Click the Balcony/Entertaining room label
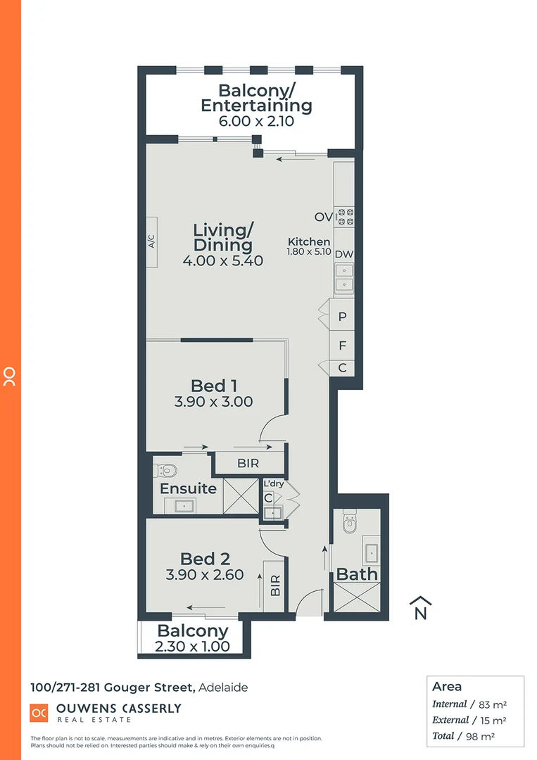tap(255, 98)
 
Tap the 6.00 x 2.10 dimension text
tap(255, 120)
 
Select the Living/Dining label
tap(222, 238)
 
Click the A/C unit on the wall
tap(151, 241)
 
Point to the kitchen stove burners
tap(344, 217)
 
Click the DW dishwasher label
tap(343, 254)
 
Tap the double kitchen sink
tap(343, 277)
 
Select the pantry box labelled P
tap(343, 317)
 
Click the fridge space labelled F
tap(343, 346)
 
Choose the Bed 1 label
tap(213, 386)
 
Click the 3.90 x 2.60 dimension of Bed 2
tap(204, 575)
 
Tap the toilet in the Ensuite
tap(166, 470)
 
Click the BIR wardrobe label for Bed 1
tap(248, 463)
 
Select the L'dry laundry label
tap(273, 484)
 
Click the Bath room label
tap(357, 574)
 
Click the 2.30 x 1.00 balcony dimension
tap(192, 647)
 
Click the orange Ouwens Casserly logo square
tap(39, 713)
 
